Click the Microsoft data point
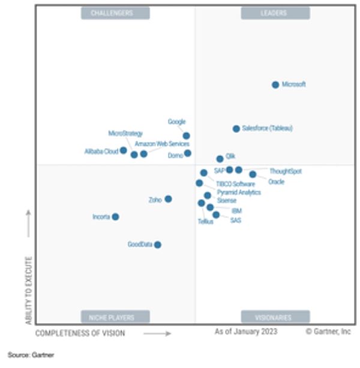[275, 85]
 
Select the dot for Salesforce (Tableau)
[236, 129]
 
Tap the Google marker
[187, 136]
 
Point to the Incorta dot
[115, 217]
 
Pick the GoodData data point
[158, 245]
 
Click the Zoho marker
[169, 199]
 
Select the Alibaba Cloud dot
[123, 150]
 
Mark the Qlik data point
[220, 159]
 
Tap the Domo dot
[188, 153]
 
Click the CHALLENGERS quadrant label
[115, 13]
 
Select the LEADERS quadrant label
[275, 13]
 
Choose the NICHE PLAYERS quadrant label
[115, 317]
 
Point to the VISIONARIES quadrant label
[275, 317]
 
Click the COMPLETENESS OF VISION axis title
[80, 333]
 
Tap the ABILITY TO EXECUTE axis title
[28, 291]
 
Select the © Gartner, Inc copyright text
[328, 331]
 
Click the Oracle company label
[277, 182]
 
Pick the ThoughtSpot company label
[286, 171]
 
